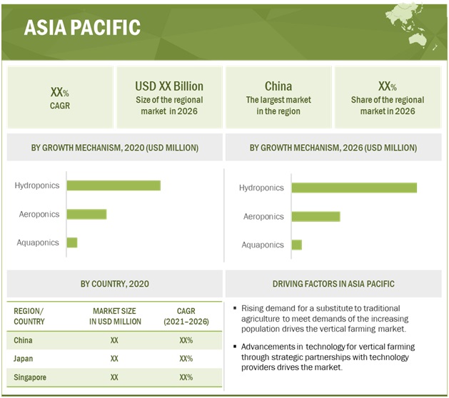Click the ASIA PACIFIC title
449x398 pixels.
coord(82,28)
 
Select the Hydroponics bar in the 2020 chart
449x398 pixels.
coord(113,185)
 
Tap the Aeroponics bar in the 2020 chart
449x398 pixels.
coord(86,214)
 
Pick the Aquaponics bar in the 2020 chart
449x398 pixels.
coord(71,243)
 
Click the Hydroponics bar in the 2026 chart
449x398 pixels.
coord(353,188)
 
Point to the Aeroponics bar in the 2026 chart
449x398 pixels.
coord(316,216)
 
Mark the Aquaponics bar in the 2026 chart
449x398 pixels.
coord(296,245)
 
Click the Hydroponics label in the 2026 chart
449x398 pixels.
coord(261,188)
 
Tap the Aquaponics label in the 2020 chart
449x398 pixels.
coord(38,243)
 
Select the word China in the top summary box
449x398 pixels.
coord(278,86)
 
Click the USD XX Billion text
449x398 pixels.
coord(169,86)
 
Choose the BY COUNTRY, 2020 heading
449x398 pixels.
coord(115,284)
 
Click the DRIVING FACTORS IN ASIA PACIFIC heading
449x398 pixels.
coord(333,284)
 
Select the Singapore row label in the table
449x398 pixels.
coord(30,376)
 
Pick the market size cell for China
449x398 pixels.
coord(114,340)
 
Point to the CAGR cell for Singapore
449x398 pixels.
coord(186,376)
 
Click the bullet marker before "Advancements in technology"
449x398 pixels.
coord(235,347)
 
